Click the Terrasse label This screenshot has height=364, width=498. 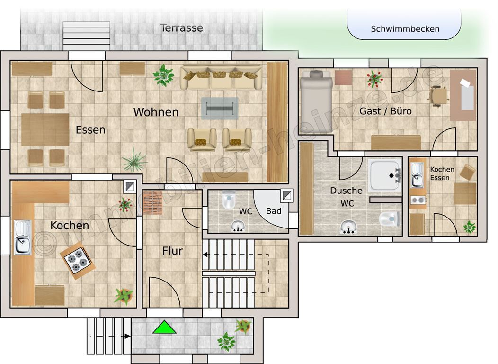pyautogui.click(x=182, y=28)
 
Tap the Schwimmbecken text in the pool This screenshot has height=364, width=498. pyautogui.click(x=405, y=29)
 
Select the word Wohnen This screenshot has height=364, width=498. pyautogui.click(x=156, y=112)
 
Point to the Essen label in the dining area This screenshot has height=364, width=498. pyautogui.click(x=90, y=130)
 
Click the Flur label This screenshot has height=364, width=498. pyautogui.click(x=172, y=251)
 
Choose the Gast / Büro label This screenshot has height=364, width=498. pyautogui.click(x=385, y=111)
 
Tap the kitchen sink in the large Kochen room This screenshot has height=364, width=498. pyautogui.click(x=22, y=237)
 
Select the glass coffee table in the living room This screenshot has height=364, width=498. pyautogui.click(x=220, y=108)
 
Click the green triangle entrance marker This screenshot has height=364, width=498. pyautogui.click(x=164, y=328)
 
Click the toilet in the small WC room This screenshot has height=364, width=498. pyautogui.click(x=229, y=200)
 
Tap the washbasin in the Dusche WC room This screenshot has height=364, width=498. pyautogui.click(x=348, y=227)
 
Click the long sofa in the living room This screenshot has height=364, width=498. pyautogui.click(x=221, y=77)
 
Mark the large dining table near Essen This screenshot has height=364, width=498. pyautogui.click(x=45, y=129)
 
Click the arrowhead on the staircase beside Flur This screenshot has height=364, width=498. pyautogui.click(x=205, y=255)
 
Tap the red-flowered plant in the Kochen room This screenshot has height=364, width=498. pyautogui.click(x=125, y=205)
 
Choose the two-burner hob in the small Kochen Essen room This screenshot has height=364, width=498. pyautogui.click(x=418, y=200)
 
